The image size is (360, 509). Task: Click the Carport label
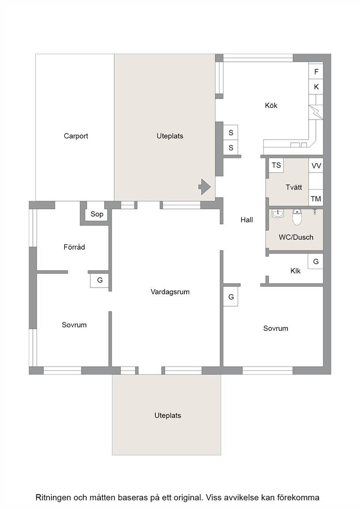76,136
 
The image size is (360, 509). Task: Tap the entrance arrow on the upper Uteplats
205,186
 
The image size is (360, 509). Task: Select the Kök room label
271,106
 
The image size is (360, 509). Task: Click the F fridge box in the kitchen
316,72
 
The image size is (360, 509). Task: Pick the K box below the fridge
316,87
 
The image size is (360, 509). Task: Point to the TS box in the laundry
276,165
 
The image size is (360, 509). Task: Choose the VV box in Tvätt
316,166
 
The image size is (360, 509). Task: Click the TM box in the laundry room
316,198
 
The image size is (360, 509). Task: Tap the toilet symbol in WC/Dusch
297,217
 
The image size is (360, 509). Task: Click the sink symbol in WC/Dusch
278,213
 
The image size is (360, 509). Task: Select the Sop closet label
97,214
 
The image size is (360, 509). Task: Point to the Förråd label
74,247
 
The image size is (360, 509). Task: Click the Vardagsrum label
170,292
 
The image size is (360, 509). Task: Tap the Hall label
247,220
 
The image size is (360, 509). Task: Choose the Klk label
295,271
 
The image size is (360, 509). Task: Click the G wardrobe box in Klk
316,261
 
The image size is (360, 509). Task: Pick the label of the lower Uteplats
168,415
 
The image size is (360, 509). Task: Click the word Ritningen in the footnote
53,498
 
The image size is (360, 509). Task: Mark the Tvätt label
294,187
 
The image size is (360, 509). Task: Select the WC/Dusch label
296,237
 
